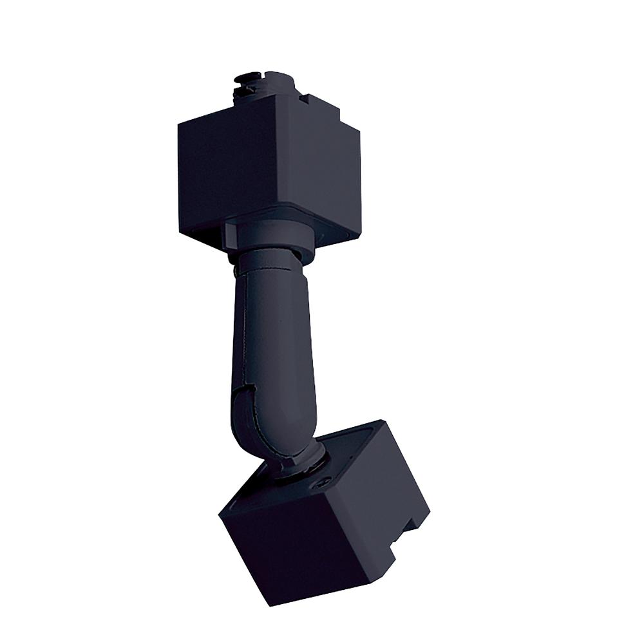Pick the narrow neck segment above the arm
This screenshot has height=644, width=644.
pos(267,264)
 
